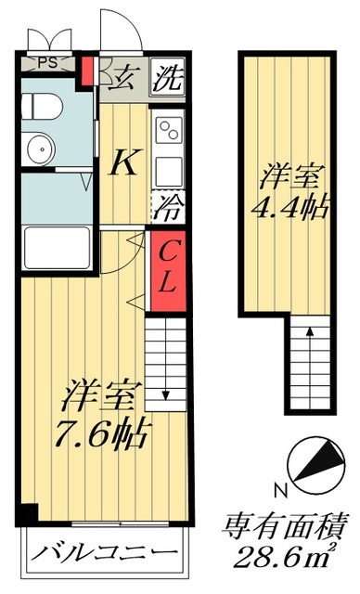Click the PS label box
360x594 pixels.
45,63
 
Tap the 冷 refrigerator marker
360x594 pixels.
167,206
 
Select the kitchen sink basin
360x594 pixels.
168,170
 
